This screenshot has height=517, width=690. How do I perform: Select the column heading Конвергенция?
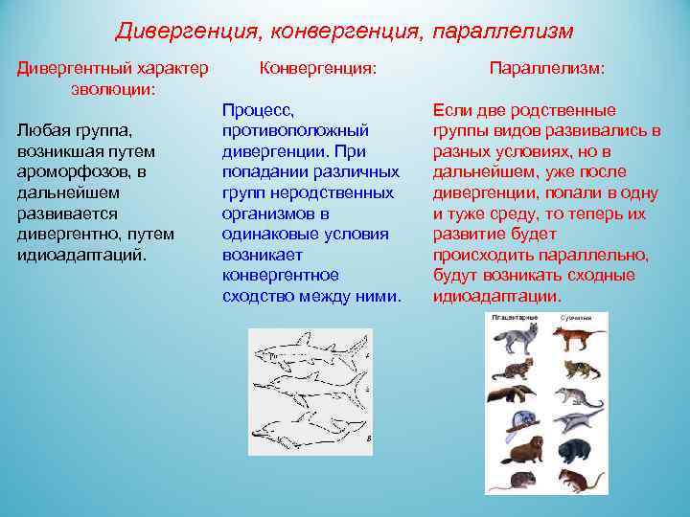tap(318, 69)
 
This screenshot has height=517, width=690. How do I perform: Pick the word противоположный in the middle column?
tap(295, 130)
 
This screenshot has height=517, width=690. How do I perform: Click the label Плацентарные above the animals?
tap(514, 316)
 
